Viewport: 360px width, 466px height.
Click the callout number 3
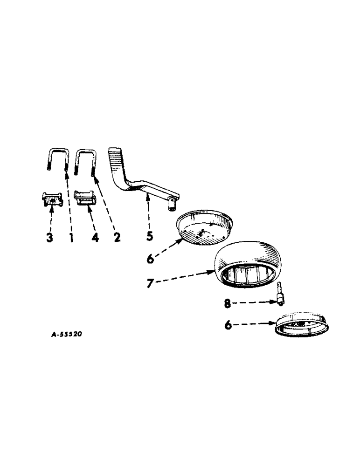tap(50, 237)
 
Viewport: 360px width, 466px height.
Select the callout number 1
tap(71, 237)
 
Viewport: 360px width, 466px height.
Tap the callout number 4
tap(95, 237)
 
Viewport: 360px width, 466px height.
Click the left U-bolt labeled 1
tap(58, 159)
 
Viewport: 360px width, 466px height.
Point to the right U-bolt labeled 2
tap(85, 160)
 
